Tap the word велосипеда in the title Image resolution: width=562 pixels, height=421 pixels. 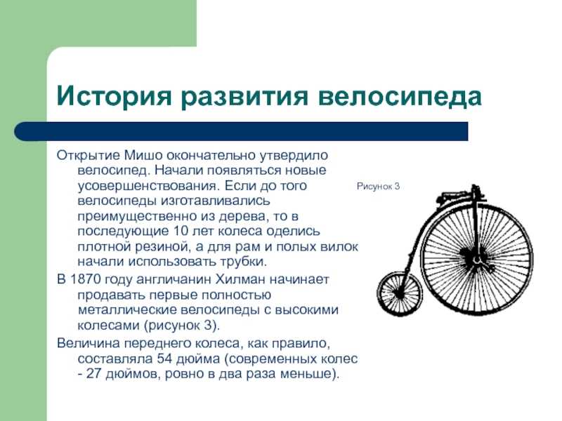400,97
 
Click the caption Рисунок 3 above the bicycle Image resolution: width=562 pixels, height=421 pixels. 378,186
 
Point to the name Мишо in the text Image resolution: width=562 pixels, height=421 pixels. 142,155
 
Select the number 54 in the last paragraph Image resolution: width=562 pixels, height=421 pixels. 164,359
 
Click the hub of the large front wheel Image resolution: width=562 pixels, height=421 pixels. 477,258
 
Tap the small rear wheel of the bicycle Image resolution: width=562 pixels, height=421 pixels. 400,293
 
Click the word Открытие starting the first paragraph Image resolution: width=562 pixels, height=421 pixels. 89,155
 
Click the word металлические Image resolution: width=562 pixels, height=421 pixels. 127,310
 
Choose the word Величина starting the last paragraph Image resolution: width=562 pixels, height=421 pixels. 89,343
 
